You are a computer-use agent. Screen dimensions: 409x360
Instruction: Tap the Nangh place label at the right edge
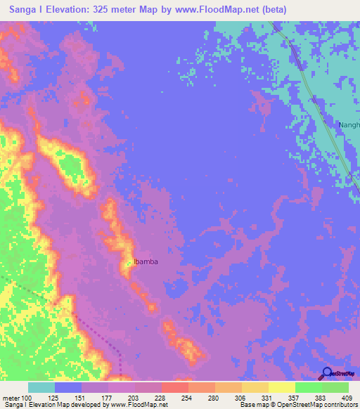(349, 125)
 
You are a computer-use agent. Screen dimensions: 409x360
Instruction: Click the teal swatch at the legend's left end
(41, 387)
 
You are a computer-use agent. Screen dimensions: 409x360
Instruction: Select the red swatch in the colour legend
(175, 387)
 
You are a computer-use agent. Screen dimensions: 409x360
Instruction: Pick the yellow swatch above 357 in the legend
(281, 387)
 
